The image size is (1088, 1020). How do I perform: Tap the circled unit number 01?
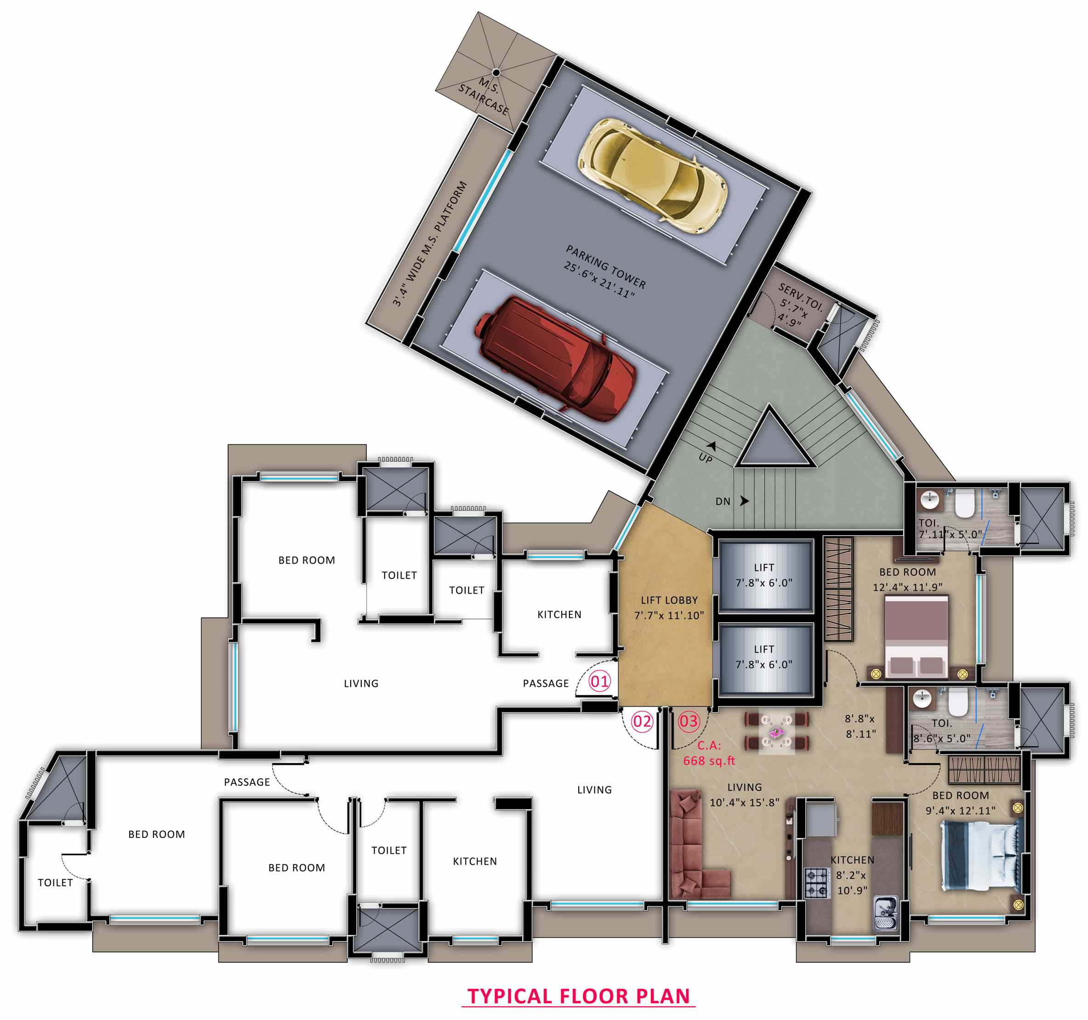[599, 681]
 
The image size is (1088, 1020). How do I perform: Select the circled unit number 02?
[642, 721]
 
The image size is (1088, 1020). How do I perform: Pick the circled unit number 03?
[689, 721]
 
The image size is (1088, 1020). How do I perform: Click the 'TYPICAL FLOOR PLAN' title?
[579, 996]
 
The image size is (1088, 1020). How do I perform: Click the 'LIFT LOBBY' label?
[669, 600]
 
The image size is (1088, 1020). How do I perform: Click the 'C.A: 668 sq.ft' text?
[709, 753]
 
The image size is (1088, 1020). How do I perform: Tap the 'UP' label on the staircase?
[706, 458]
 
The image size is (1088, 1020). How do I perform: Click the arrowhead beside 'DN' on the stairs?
[744, 500]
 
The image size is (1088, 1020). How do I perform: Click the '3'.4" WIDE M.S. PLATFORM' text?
[430, 244]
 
